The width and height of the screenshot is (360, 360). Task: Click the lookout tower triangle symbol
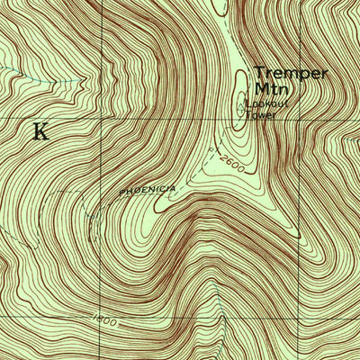coord(241,106)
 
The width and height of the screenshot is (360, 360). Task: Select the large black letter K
coord(40,131)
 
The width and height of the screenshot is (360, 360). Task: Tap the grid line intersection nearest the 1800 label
coord(101,317)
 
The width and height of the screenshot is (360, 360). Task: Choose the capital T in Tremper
coord(258,72)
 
